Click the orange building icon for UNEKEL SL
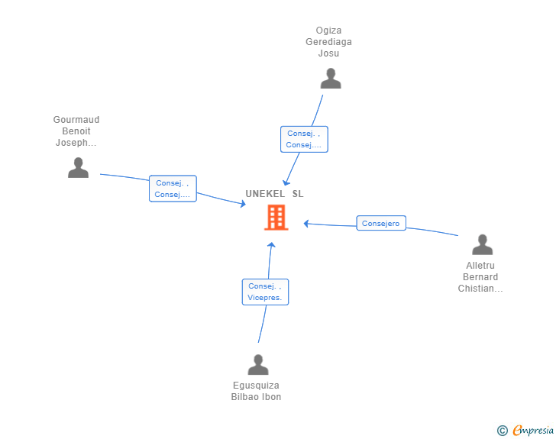point(276,218)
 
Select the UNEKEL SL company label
point(274,194)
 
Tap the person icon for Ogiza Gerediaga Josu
point(330,79)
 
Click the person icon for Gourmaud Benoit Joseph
point(78,168)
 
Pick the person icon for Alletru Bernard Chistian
point(482,245)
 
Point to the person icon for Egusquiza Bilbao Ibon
point(258,365)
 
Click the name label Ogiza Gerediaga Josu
point(328,42)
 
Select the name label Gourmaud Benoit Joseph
point(76,131)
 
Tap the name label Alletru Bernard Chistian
point(481,277)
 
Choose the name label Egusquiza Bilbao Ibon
point(257,391)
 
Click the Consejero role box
point(381,224)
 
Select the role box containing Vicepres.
point(265,292)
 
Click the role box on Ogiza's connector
point(304,139)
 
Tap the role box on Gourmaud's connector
point(173,189)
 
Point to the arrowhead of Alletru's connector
point(305,224)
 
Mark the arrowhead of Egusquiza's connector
point(271,245)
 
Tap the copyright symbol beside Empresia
point(502,431)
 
